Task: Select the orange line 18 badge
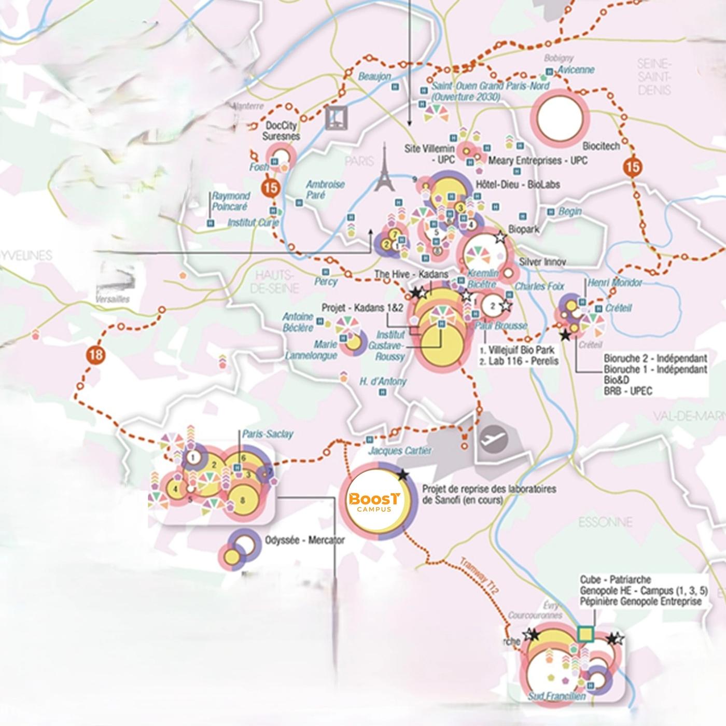(96, 355)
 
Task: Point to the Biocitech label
(601, 146)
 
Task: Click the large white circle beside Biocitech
(560, 118)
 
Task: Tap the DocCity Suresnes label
(281, 131)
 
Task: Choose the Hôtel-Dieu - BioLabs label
(518, 184)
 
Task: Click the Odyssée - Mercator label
(304, 540)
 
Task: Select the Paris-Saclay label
(267, 434)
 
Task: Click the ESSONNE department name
(605, 522)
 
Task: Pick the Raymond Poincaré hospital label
(230, 201)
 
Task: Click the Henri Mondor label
(614, 283)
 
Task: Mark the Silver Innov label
(542, 262)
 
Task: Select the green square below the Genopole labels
(585, 634)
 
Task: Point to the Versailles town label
(113, 299)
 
